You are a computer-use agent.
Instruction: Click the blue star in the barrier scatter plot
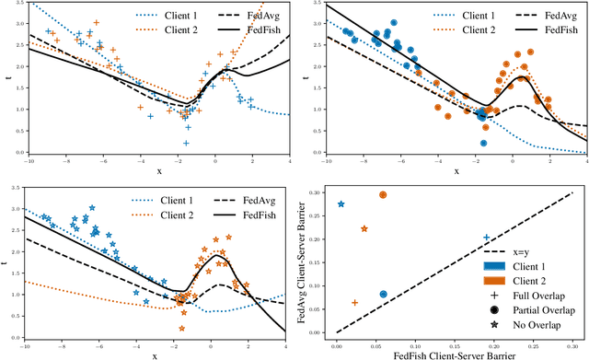[341, 204]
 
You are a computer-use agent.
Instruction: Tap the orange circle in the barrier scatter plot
[383, 195]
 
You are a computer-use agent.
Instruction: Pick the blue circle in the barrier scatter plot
[383, 295]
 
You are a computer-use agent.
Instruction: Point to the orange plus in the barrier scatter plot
[355, 302]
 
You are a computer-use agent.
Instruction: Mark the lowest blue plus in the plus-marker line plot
[187, 143]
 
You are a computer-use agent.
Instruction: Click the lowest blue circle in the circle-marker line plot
[484, 143]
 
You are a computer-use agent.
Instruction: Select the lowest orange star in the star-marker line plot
[182, 327]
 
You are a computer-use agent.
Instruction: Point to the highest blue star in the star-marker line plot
[91, 207]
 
